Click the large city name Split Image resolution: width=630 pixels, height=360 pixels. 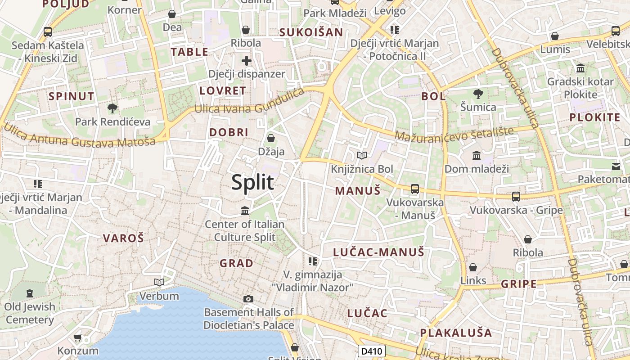(x=252, y=182)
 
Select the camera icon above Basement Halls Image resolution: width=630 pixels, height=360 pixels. (x=248, y=299)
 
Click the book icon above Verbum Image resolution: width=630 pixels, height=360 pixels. (x=159, y=282)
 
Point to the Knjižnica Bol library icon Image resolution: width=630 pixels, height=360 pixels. (x=362, y=155)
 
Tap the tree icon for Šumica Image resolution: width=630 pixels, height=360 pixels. (x=478, y=94)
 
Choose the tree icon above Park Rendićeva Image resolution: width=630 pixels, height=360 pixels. (x=112, y=108)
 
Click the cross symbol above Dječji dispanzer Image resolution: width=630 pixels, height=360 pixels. (x=246, y=60)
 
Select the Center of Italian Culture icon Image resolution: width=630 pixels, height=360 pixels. (x=245, y=210)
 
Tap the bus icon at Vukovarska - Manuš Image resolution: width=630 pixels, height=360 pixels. (x=415, y=189)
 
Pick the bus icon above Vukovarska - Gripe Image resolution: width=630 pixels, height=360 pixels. (x=516, y=196)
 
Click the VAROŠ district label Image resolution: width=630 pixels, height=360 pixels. (x=123, y=238)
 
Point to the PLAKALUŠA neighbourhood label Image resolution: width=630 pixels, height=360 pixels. (x=456, y=333)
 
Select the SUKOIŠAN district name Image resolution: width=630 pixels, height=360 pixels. (x=311, y=32)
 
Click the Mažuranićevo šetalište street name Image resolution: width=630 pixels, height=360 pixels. (x=454, y=134)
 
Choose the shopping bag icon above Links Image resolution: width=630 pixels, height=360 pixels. (x=473, y=267)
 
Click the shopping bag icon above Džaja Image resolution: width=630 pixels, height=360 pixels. (x=271, y=138)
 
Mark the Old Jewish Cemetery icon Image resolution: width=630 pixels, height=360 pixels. (x=30, y=293)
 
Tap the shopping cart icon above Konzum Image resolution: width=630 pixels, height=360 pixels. (x=77, y=337)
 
